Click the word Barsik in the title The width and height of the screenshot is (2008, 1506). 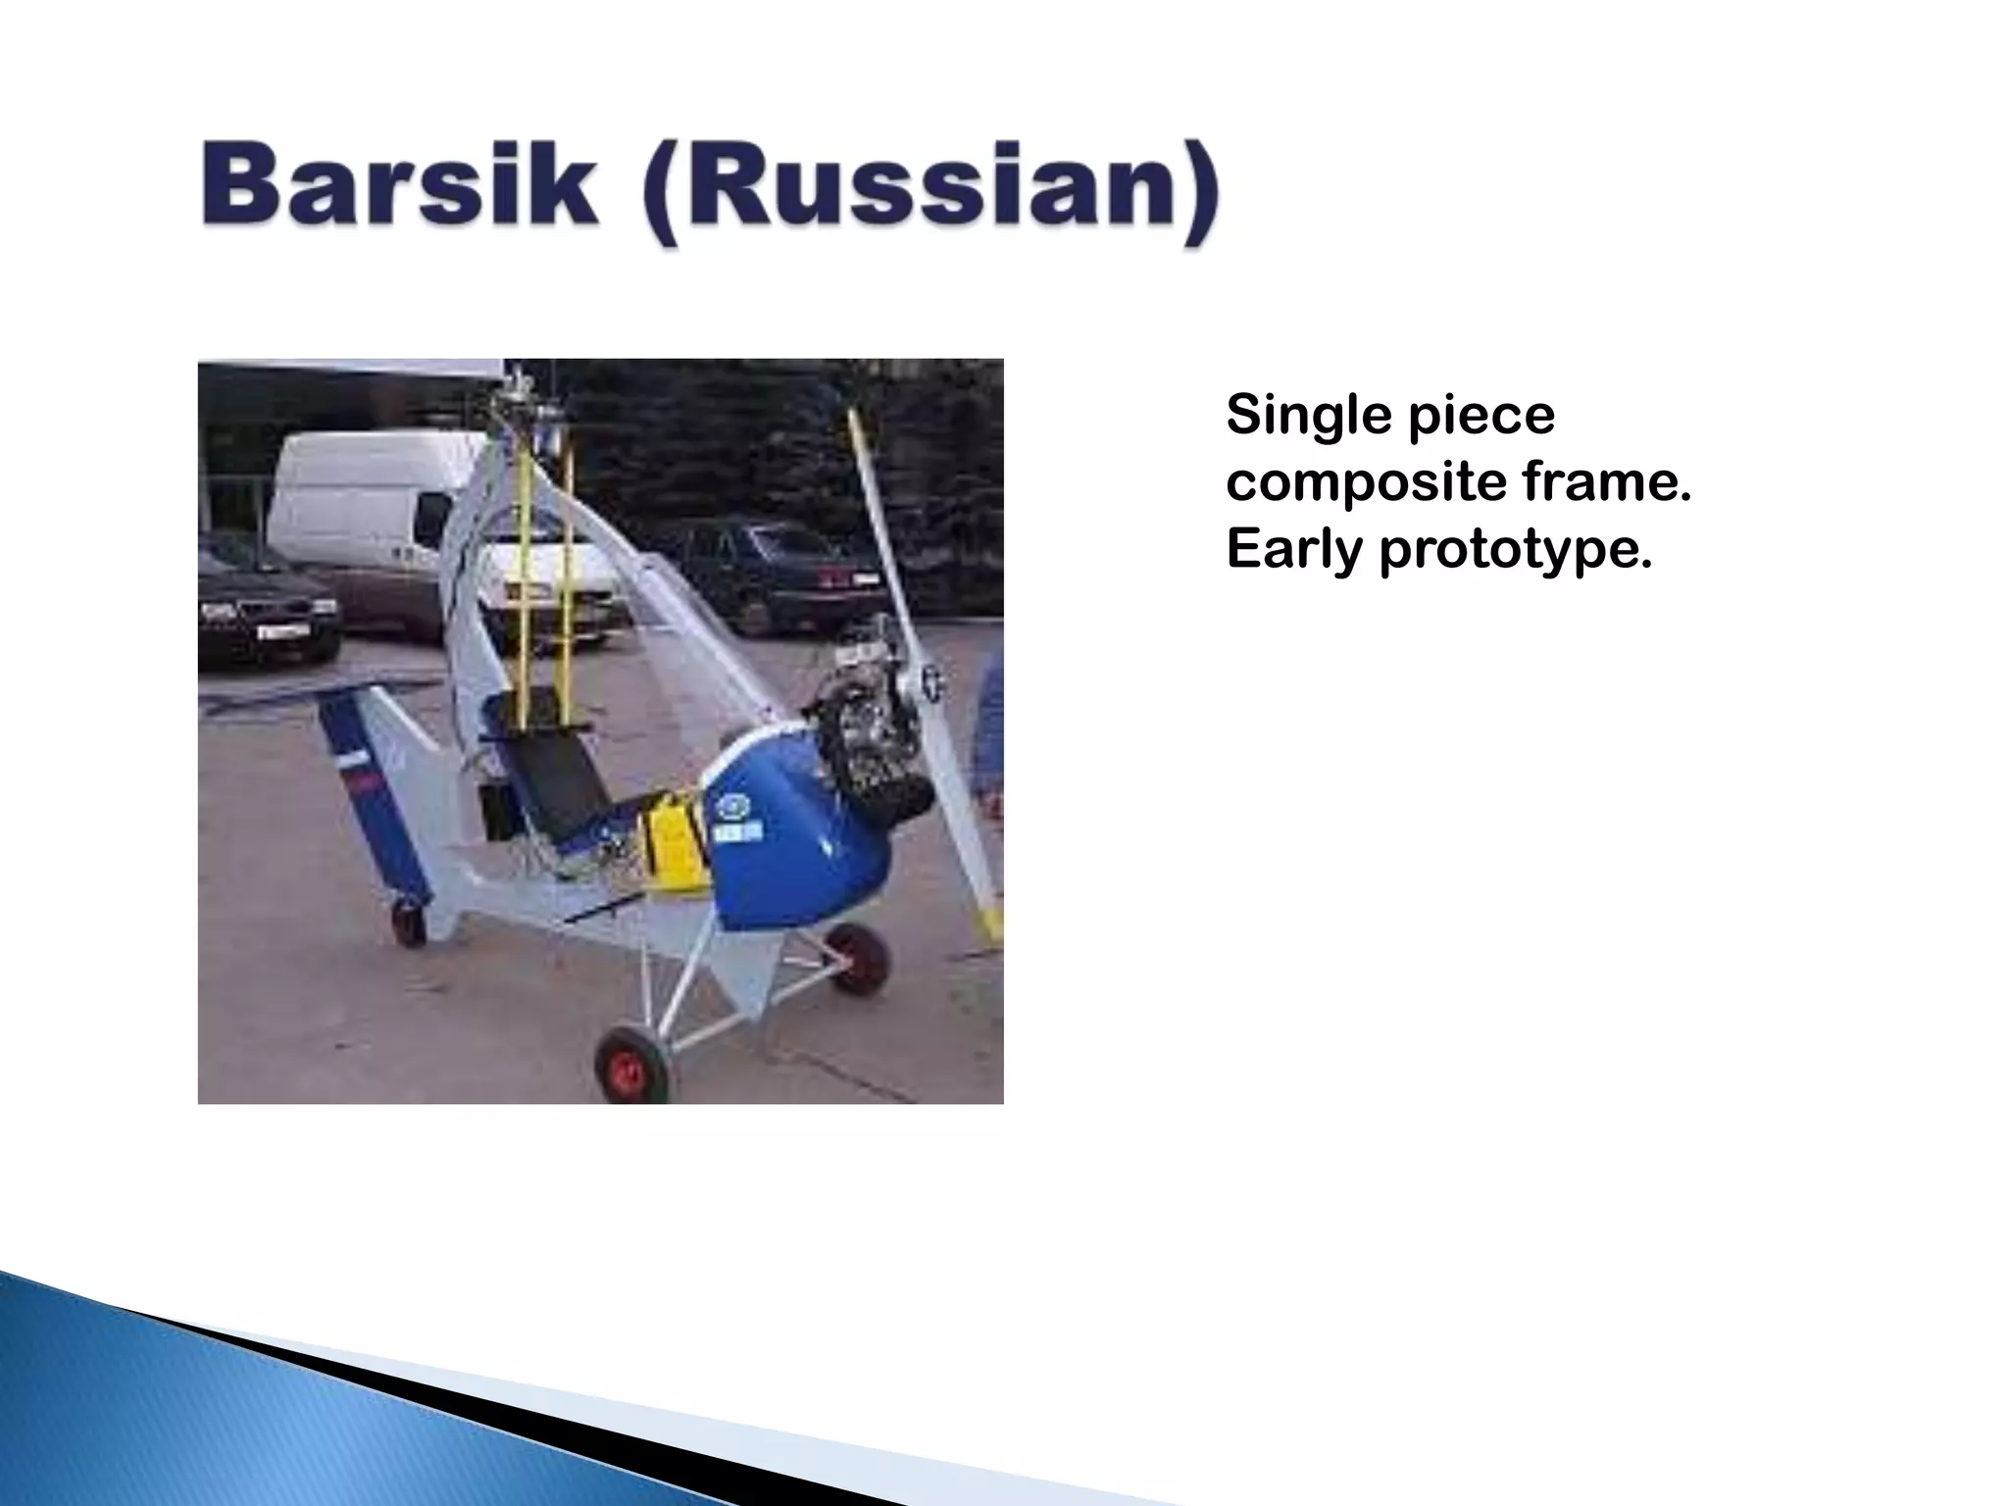click(399, 186)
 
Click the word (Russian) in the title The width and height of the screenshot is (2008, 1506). click(931, 191)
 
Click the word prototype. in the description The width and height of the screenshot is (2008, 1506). click(1516, 549)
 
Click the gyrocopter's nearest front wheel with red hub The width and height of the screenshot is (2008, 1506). click(631, 1066)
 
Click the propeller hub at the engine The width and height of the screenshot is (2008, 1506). click(929, 678)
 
